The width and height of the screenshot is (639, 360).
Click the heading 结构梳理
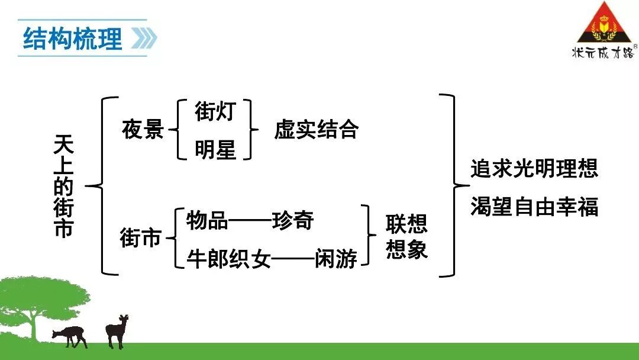pyautogui.click(x=73, y=38)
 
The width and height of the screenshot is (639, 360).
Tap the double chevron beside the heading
pyautogui.click(x=144, y=38)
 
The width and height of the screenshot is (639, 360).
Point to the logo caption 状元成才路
pyautogui.click(x=603, y=53)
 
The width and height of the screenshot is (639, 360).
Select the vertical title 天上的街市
pyautogui.click(x=63, y=187)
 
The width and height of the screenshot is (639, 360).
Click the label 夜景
pyautogui.click(x=143, y=129)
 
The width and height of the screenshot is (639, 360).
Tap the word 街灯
pyautogui.click(x=215, y=111)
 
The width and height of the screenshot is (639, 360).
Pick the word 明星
pyautogui.click(x=215, y=149)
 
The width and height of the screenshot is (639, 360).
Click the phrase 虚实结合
pyautogui.click(x=316, y=129)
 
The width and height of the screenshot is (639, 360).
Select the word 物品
pyautogui.click(x=207, y=221)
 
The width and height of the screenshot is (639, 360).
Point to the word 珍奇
pyautogui.click(x=293, y=221)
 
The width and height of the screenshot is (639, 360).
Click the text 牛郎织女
pyautogui.click(x=228, y=259)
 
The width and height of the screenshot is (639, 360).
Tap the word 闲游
pyautogui.click(x=336, y=259)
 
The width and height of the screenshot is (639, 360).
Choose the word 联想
pyautogui.click(x=406, y=224)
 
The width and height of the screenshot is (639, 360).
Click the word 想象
pyautogui.click(x=406, y=249)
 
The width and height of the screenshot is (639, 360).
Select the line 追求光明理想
pyautogui.click(x=534, y=168)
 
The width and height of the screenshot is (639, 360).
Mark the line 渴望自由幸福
pyautogui.click(x=534, y=206)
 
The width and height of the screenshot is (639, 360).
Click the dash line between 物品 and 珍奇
pyautogui.click(x=250, y=221)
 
